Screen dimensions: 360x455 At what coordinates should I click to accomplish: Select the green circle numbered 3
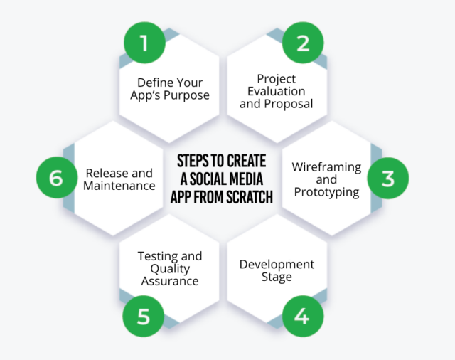point(387,177)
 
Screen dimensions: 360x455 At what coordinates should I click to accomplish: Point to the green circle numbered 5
point(144,315)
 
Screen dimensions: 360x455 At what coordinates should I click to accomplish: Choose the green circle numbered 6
point(56,177)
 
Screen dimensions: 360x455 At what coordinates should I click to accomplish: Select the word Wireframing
point(326,167)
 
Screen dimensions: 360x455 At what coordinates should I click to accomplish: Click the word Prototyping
point(326,192)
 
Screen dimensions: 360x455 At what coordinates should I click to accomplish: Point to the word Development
point(277,265)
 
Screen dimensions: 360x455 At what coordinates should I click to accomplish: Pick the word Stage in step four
point(277,277)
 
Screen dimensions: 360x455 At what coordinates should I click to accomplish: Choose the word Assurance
point(171,281)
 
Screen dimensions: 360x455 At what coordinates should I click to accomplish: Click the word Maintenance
point(119,186)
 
